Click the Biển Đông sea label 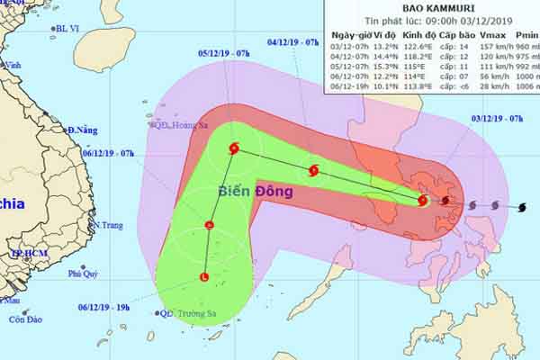(247, 192)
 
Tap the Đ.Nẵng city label (82, 130)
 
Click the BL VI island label (67, 29)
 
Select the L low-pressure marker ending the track (204, 276)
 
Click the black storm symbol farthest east (521, 208)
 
